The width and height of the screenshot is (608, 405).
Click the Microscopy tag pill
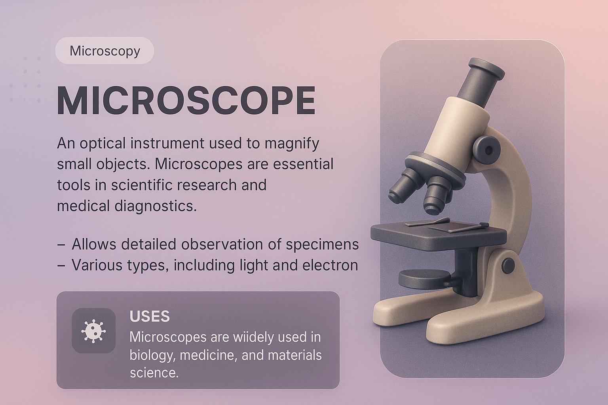pos(104,51)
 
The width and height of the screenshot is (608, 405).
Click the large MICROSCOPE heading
pos(186,100)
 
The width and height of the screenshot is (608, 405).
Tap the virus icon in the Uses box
pos(93,331)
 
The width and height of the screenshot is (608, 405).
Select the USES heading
pos(150,316)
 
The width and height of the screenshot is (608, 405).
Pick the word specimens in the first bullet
pos(323,245)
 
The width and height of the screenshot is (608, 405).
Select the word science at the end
pos(154,373)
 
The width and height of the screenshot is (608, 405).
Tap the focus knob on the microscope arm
pos(487,150)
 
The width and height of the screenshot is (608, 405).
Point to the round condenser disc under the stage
pos(425,279)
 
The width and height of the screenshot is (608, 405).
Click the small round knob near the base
pos(508,265)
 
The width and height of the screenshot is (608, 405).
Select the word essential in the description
pos(303,165)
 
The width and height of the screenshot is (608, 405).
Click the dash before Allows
pos(61,245)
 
